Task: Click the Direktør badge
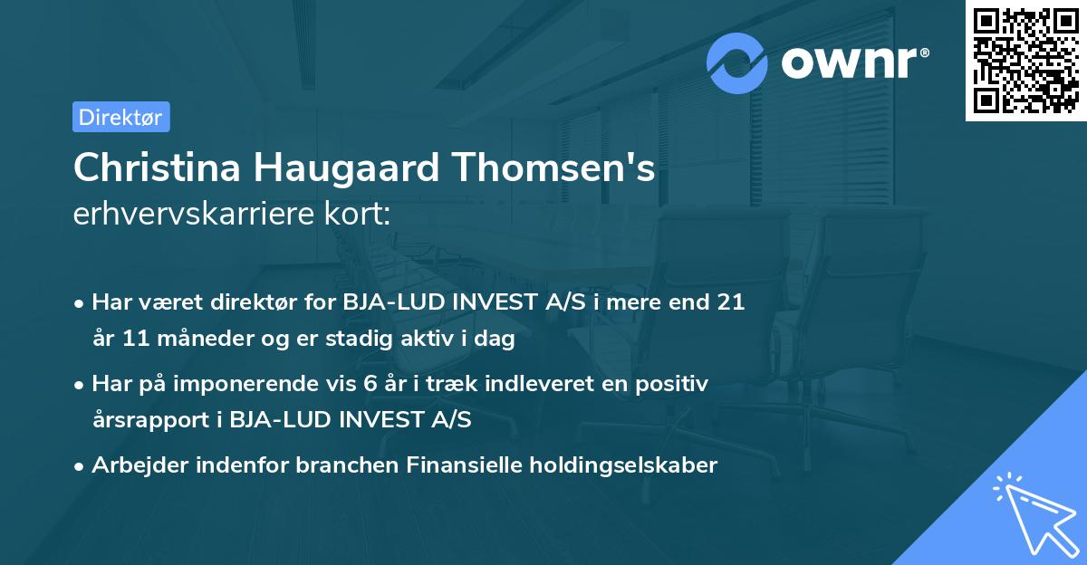click(120, 117)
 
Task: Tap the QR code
click(1025, 61)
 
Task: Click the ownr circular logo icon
click(737, 62)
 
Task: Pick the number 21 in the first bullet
click(730, 302)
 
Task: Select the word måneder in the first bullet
click(200, 340)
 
